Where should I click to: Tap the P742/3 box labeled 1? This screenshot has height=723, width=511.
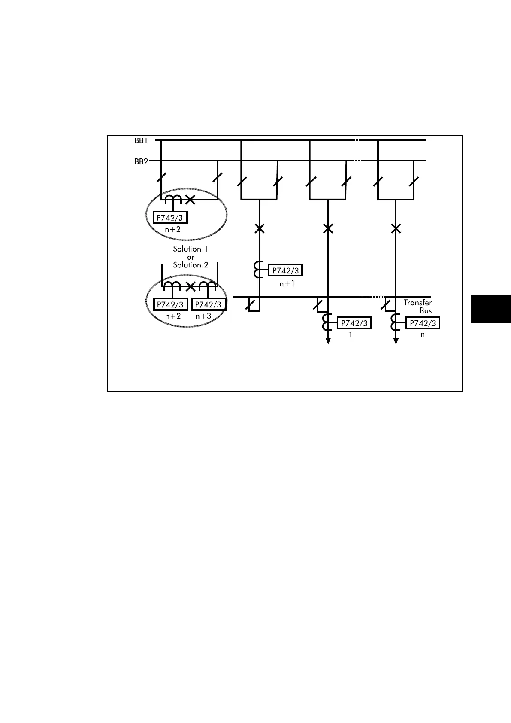point(354,323)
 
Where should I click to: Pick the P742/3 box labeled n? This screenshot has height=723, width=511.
point(423,323)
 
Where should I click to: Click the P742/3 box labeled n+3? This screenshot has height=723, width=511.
point(208,304)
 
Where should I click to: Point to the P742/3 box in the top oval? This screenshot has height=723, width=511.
point(170,218)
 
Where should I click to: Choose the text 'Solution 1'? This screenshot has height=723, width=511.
point(190,249)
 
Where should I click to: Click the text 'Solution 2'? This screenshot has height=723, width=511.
point(190,265)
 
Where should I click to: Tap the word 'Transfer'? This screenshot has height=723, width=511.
point(417,303)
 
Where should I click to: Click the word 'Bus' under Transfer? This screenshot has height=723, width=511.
point(426,310)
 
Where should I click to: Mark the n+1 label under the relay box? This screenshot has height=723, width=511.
point(287,284)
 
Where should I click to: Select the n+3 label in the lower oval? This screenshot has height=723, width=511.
point(203,316)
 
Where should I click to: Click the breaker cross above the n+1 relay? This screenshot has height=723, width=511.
point(259,228)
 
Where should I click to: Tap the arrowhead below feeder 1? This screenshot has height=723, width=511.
point(328,341)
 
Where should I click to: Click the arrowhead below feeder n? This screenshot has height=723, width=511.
point(396,341)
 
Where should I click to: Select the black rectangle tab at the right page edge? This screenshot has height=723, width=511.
point(491,308)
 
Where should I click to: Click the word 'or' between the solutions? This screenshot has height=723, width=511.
point(190,257)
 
